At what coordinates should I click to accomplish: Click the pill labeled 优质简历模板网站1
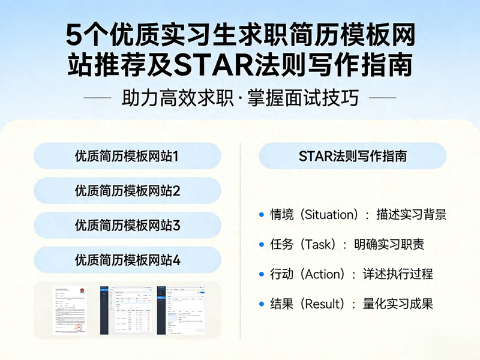127,157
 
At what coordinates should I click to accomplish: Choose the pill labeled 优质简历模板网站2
127,191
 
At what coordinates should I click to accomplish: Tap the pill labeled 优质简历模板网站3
127,226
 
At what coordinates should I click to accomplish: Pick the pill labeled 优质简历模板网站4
127,260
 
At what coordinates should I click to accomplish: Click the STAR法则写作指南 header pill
353,157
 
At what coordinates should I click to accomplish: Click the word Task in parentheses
316,244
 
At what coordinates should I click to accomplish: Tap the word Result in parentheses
322,304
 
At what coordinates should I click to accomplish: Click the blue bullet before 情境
261,215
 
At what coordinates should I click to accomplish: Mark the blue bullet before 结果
261,304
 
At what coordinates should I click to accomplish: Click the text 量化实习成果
398,304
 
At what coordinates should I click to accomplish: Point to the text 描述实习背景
412,215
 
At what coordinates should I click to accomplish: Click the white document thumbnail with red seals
69,310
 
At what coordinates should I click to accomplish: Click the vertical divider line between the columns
241,240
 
